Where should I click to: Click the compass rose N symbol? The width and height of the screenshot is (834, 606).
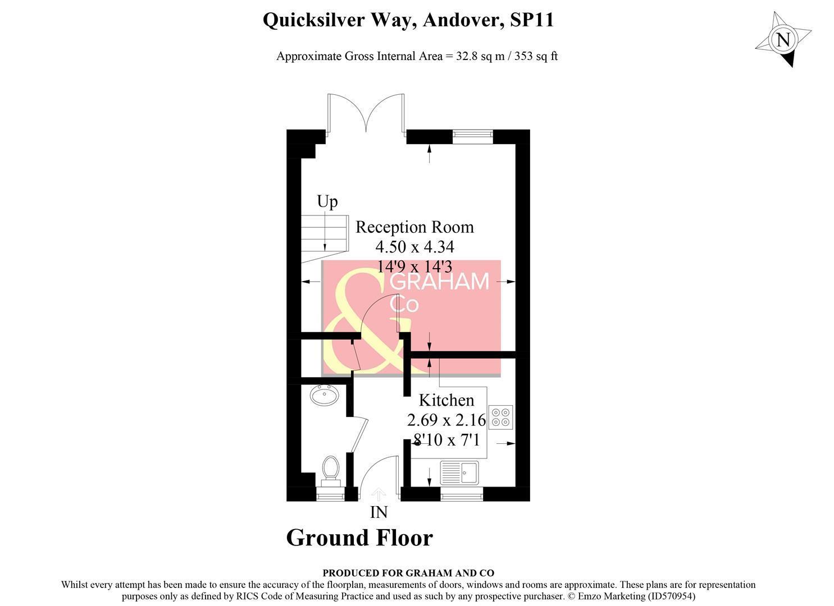(783, 40)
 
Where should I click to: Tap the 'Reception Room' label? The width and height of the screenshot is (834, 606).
(414, 227)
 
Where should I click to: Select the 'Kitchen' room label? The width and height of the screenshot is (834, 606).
(446, 400)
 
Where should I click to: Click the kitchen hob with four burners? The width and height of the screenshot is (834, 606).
(500, 417)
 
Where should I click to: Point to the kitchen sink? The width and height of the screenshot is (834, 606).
(459, 472)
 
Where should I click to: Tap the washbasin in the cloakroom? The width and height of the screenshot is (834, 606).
(324, 396)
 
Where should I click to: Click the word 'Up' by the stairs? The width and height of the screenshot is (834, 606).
(327, 201)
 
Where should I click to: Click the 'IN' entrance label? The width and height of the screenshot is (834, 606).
(379, 512)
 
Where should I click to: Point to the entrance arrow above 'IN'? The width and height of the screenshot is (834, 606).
(379, 494)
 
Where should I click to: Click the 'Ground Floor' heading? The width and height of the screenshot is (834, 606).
(359, 538)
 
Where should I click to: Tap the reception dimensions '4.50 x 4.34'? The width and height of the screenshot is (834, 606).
(414, 246)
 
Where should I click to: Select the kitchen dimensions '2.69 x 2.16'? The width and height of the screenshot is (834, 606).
(446, 420)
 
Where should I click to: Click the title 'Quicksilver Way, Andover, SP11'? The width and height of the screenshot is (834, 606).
(408, 20)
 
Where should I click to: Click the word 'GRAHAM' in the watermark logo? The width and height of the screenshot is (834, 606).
(440, 282)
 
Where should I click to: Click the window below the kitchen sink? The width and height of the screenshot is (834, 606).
(461, 494)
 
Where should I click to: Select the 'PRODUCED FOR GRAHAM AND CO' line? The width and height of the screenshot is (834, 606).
(408, 573)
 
